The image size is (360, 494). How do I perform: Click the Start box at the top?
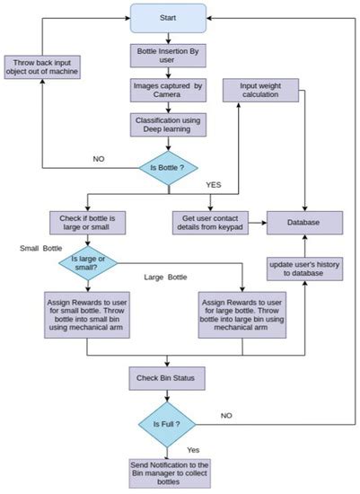point(167,17)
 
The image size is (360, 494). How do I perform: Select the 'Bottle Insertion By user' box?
point(167,55)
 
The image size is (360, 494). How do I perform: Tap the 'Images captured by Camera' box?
point(167,91)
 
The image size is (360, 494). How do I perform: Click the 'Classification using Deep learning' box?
point(167,125)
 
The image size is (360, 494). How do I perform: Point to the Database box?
point(305,220)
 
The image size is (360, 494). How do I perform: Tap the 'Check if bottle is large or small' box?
point(88,220)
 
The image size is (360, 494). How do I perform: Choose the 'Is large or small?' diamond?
point(88,264)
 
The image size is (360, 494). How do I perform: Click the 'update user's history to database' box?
point(305,269)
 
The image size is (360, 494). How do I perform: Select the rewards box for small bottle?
point(88,314)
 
